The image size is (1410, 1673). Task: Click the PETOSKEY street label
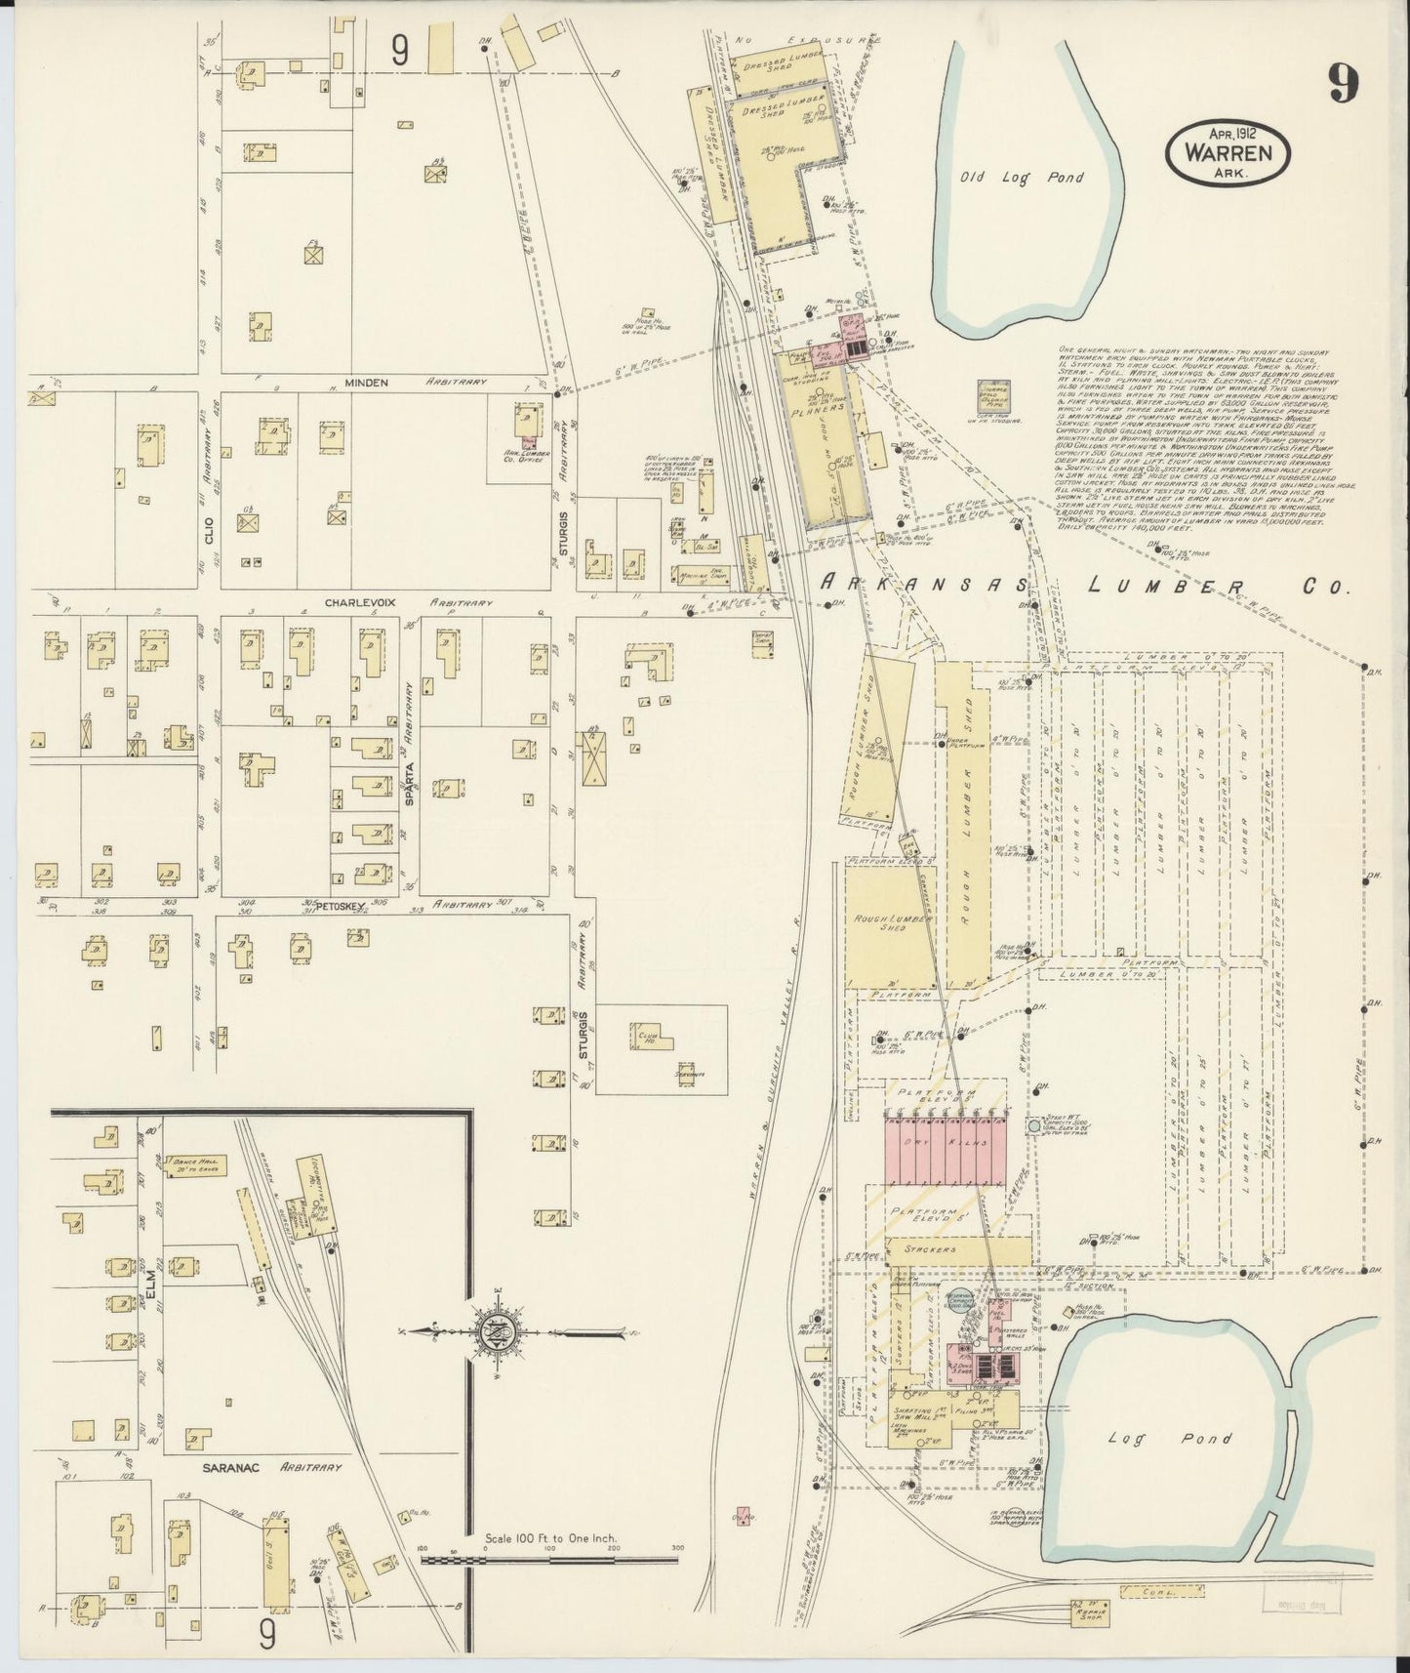click(341, 906)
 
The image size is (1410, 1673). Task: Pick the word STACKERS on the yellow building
click(955, 1248)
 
